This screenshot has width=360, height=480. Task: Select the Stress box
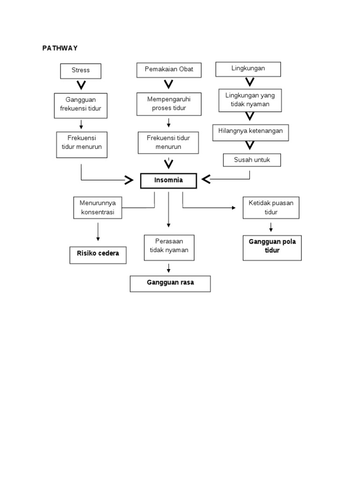[80, 71]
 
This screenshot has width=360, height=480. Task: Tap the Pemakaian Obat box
[168, 70]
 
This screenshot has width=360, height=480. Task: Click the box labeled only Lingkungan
[248, 69]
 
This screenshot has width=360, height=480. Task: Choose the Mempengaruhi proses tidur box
[168, 104]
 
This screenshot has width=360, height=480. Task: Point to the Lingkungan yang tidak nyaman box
[250, 100]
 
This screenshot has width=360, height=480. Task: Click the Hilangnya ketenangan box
[250, 132]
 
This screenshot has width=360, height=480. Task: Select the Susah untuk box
[252, 160]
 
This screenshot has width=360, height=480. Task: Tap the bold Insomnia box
[168, 180]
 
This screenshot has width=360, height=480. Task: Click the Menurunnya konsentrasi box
[97, 208]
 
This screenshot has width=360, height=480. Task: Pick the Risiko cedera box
[98, 254]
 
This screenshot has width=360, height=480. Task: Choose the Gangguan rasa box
[170, 283]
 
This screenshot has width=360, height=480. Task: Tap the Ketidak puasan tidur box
[271, 208]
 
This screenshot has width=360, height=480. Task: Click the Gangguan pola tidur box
[272, 248]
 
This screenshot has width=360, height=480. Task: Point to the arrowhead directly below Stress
[81, 85]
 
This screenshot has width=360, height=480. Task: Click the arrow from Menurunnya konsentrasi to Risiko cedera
[98, 232]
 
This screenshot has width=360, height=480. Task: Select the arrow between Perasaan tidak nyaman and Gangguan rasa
[169, 268]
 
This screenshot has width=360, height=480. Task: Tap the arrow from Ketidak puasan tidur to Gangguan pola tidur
[271, 227]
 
